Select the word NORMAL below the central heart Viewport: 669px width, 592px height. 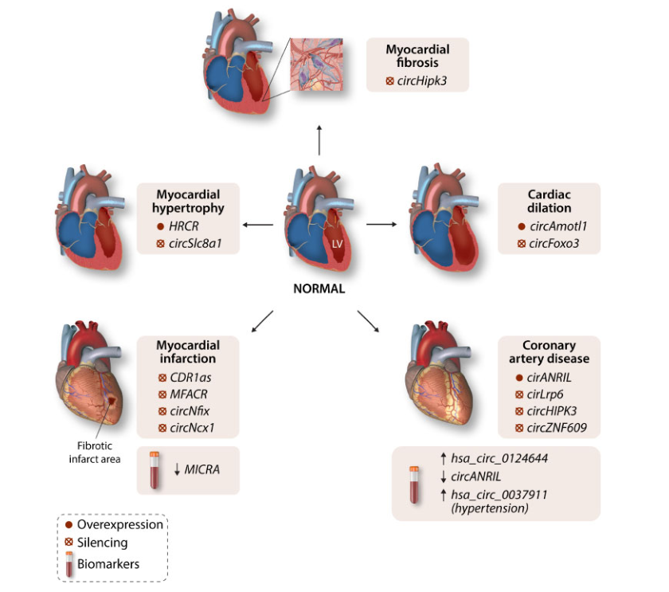click(318, 289)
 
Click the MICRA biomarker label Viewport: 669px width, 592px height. click(201, 469)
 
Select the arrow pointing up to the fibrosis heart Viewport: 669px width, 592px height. click(319, 139)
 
